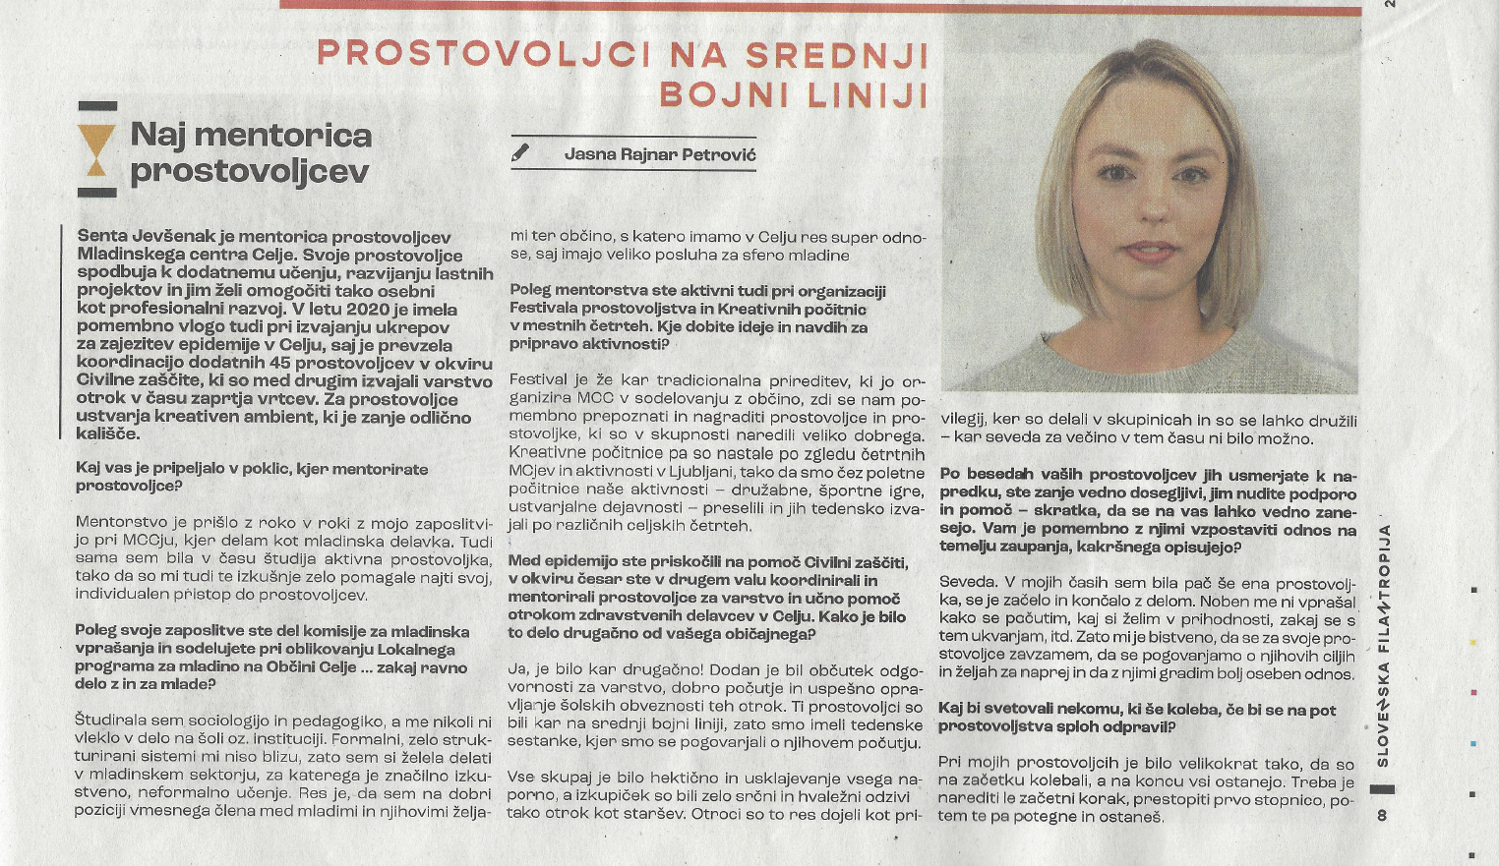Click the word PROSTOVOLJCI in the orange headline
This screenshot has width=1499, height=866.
click(x=483, y=53)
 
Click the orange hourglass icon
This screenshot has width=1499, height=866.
click(x=96, y=150)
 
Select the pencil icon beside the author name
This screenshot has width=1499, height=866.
click(x=521, y=153)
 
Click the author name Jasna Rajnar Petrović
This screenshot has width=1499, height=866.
click(x=660, y=154)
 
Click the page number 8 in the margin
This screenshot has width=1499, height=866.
click(x=1382, y=815)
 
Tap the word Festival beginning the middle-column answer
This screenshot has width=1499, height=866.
click(x=538, y=379)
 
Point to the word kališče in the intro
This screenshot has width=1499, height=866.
click(x=108, y=433)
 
